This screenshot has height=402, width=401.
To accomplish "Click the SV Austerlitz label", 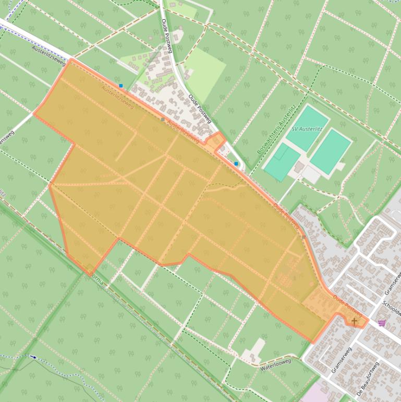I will pos(307,129).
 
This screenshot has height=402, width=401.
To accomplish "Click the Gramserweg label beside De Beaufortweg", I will pos(341,360).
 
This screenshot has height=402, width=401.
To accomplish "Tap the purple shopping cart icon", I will pos(382,323).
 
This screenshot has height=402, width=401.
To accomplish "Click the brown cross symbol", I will pos(355,321).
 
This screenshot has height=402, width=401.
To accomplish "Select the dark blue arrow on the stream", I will pos(34,357).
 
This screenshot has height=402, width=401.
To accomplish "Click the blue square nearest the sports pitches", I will pos(236,164).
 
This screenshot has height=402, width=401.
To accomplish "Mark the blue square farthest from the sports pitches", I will pos(121,86).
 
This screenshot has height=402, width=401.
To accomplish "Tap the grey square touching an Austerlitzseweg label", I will pos(163,120).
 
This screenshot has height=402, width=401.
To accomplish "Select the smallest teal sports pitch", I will pos(282,162).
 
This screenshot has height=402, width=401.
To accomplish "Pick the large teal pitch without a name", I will pos(331,151).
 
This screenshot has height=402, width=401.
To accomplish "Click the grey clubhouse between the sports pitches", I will pos(299,168).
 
